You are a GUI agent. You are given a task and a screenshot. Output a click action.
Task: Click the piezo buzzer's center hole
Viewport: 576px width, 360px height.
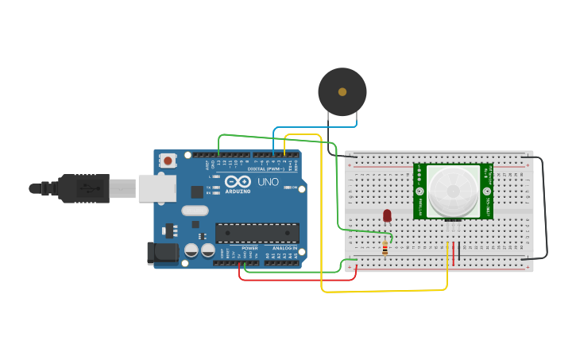(342, 92)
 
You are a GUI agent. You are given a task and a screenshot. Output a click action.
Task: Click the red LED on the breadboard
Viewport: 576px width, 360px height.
(387, 215)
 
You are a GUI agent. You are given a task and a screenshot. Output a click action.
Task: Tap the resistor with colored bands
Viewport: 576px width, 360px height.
(385, 248)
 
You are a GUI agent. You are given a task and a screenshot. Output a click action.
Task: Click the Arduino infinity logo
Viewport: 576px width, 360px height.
(238, 182)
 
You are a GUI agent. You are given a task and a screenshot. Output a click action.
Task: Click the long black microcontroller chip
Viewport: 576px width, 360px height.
(257, 233)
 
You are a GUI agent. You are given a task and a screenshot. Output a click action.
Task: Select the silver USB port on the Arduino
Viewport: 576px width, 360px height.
(157, 188)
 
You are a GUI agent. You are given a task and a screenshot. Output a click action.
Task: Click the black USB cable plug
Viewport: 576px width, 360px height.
(83, 188)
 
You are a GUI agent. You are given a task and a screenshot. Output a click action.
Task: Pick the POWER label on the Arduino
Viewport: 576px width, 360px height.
(249, 249)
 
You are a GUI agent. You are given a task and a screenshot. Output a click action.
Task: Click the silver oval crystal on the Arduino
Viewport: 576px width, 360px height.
(195, 211)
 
